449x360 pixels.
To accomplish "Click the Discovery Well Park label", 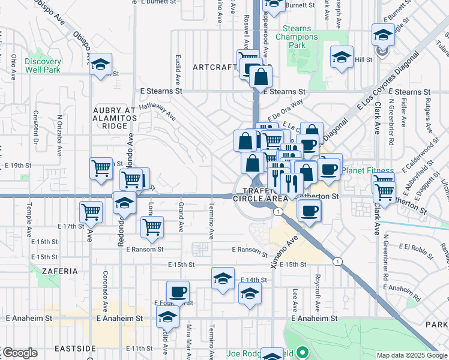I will tap(43, 65).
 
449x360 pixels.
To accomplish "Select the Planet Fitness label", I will tap(367, 171).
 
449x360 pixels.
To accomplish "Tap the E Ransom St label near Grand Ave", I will tap(145, 249).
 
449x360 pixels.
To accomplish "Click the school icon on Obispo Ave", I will tap(101, 64).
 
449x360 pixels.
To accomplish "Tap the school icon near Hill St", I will tap(342, 57).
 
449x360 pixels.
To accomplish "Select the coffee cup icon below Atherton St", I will tap(309, 211).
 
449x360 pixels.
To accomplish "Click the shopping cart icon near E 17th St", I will tap(90, 211).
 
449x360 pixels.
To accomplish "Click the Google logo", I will tap(19, 353).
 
